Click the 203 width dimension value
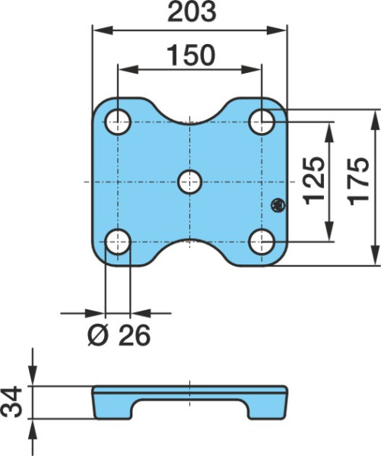(192, 12)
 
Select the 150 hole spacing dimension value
(191, 55)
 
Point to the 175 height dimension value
(358, 182)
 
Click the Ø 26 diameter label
(119, 335)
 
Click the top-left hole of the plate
(118, 122)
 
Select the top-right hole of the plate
(262, 122)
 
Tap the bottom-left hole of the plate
(118, 242)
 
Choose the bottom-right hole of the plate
(262, 242)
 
